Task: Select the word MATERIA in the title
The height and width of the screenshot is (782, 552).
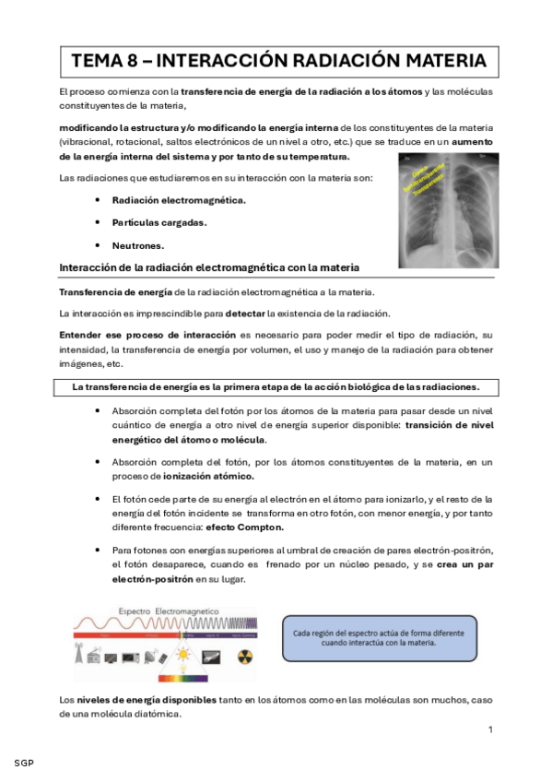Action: [440, 61]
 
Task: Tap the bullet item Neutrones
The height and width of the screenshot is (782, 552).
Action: [138, 245]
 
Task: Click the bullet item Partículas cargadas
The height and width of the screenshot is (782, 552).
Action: [159, 222]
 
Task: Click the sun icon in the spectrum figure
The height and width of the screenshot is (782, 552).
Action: [183, 658]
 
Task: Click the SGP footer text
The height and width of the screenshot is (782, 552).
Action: [25, 764]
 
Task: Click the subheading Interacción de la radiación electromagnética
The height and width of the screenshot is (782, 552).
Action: [208, 267]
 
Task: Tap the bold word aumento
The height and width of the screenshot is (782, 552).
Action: [470, 141]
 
